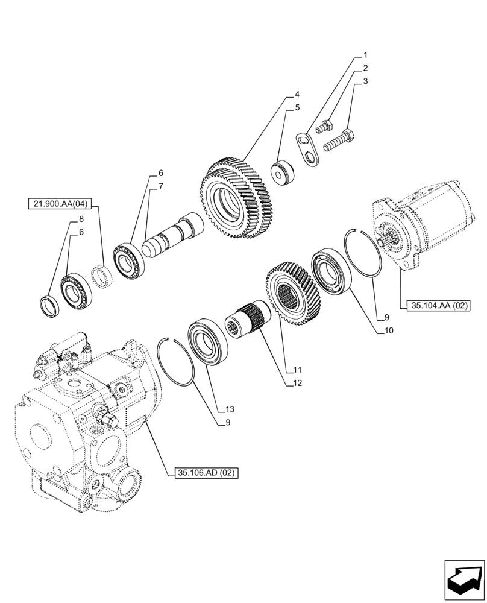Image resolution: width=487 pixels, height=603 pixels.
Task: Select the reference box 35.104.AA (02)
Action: click(439, 306)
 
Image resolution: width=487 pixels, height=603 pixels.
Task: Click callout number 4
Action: click(297, 95)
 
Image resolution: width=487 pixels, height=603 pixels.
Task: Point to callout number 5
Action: click(297, 108)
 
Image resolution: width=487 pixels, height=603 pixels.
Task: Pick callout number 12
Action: click(297, 382)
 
